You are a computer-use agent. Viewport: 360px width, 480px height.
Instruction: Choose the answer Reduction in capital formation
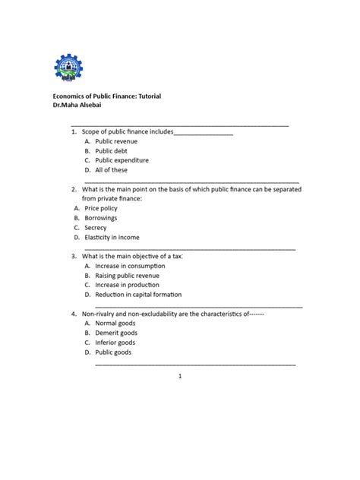(x=138, y=295)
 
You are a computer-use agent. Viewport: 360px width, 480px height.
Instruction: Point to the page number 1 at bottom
(x=180, y=377)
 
